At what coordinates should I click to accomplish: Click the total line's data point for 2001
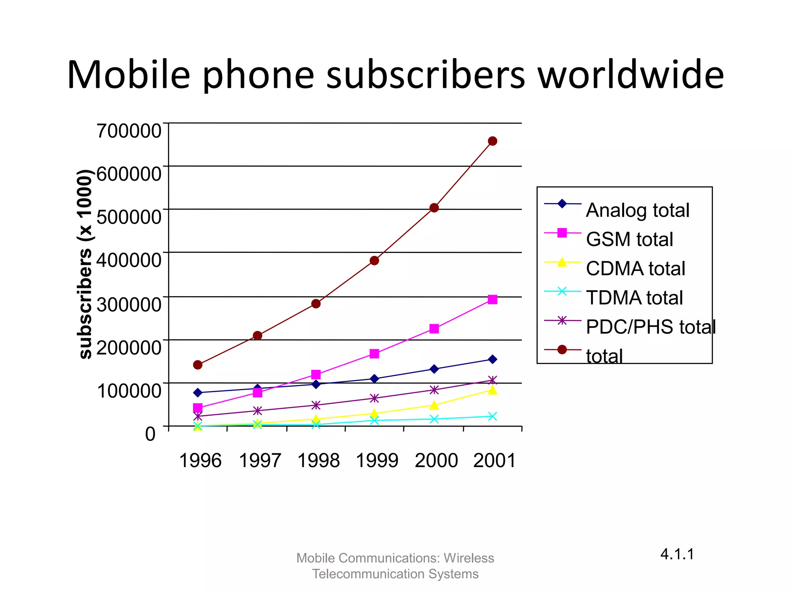pyautogui.click(x=492, y=141)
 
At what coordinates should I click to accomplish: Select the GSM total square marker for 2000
pyautogui.click(x=434, y=329)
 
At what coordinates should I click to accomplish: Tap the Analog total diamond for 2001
pyautogui.click(x=492, y=359)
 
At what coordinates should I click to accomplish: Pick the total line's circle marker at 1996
pyautogui.click(x=198, y=365)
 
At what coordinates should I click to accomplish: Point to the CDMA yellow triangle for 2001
pyautogui.click(x=492, y=390)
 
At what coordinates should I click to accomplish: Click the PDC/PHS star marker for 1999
pyautogui.click(x=374, y=398)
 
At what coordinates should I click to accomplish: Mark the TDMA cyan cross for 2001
pyautogui.click(x=492, y=416)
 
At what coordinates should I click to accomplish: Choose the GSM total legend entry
pyautogui.click(x=629, y=239)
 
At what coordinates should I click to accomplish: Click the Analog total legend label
pyautogui.click(x=638, y=210)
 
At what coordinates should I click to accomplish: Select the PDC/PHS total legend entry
pyautogui.click(x=650, y=327)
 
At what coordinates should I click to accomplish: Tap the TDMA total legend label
pyautogui.click(x=634, y=298)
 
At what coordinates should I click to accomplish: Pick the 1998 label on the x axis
pyautogui.click(x=319, y=461)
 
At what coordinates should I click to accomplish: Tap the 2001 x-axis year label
pyautogui.click(x=494, y=461)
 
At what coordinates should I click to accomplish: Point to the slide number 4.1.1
pyautogui.click(x=677, y=554)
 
